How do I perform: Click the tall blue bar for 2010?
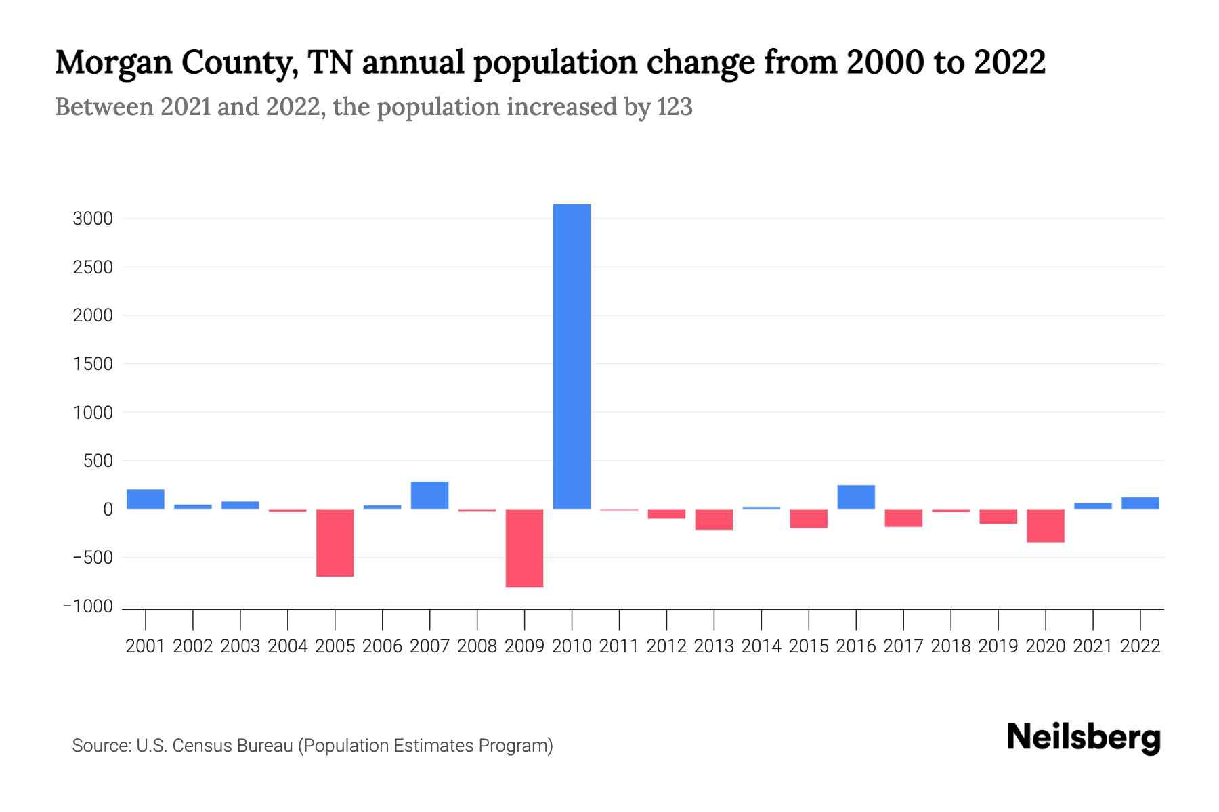click(x=572, y=357)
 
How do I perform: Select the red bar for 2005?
click(x=335, y=543)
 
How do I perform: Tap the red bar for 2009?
click(x=524, y=548)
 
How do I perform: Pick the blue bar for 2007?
click(x=429, y=495)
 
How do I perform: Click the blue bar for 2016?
click(x=856, y=497)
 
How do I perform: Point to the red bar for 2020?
click(x=1045, y=526)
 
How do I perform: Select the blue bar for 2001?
click(x=146, y=499)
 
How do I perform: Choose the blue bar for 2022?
click(x=1140, y=503)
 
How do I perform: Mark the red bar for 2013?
click(x=714, y=520)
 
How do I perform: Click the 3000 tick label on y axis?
click(x=93, y=219)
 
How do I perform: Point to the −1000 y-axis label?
click(x=88, y=607)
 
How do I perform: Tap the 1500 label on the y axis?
click(x=93, y=365)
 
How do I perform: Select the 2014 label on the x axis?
click(x=761, y=647)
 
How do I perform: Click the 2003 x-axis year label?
click(x=240, y=647)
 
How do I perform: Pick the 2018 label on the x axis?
click(x=951, y=647)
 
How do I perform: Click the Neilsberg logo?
click(x=1084, y=738)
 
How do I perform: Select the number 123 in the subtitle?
click(x=675, y=107)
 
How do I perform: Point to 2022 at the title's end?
click(x=1010, y=62)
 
